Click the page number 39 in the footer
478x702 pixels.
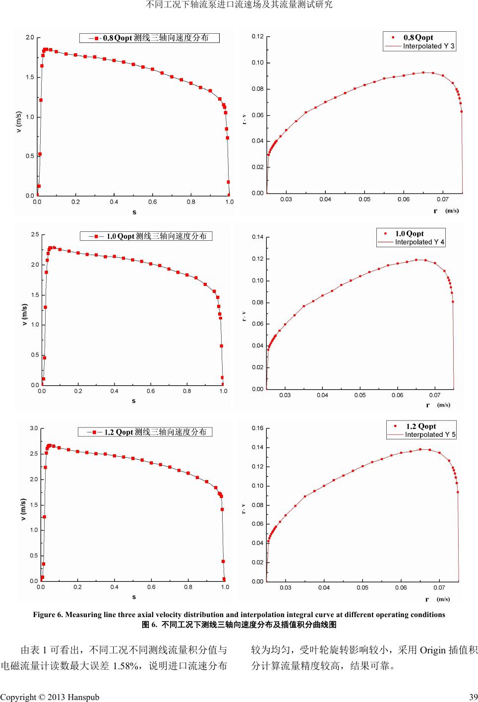pos(474,697)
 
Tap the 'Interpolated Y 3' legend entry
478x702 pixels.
pos(428,46)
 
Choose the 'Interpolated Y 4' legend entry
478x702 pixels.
pos(419,242)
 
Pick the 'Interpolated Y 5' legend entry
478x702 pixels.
pos(430,434)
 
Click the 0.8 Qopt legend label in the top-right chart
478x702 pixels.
pos(418,37)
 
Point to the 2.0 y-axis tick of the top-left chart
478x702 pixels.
pos(30,38)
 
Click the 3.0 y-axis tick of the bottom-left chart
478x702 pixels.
pos(33,428)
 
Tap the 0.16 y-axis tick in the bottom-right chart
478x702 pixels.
pos(257,428)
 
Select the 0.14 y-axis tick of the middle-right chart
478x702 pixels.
pos(257,237)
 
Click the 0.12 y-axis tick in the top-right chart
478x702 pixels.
pos(257,37)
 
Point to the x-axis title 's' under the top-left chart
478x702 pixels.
pos(134,212)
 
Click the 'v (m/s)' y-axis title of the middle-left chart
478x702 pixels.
pos(24,315)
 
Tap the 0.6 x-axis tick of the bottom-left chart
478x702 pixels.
pos(151,587)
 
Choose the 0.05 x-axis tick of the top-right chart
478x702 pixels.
pos(364,200)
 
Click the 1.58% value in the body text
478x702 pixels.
pos(125,666)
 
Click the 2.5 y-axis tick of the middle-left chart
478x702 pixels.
pos(35,234)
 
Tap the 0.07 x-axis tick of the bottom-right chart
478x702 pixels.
pos(439,588)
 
